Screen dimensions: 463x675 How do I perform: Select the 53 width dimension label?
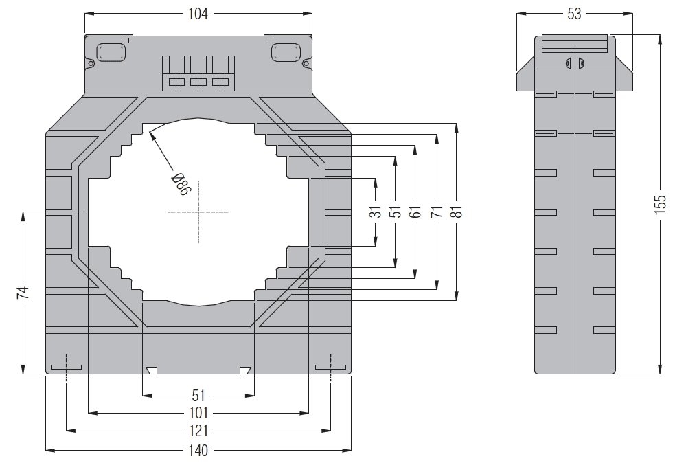pos(574,14)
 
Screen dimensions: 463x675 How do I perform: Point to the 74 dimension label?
pos(23,293)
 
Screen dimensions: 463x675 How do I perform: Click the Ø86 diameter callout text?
pos(180,184)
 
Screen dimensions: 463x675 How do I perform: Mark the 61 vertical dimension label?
pos(415,212)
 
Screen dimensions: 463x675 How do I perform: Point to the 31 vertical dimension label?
pos(375,212)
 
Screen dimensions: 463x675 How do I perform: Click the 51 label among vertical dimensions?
pos(396,212)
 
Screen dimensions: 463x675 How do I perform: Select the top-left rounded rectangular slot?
pos(111,52)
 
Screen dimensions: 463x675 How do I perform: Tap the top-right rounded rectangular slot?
pos(284,52)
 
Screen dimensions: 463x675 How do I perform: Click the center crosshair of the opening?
pos(198,212)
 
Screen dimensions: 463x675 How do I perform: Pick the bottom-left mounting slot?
pos(66,368)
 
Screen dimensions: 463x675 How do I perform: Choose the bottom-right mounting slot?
pos(330,368)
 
